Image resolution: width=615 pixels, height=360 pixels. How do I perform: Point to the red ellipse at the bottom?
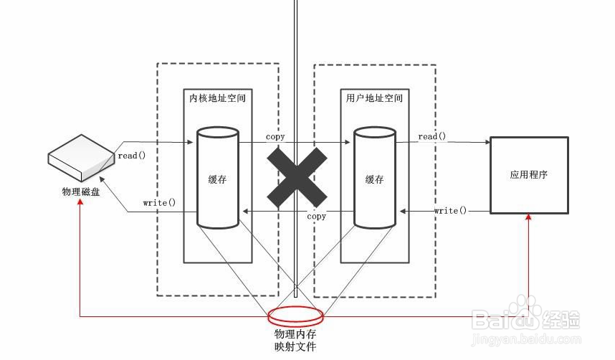(x=295, y=316)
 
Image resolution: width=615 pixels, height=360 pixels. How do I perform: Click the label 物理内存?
(x=295, y=334)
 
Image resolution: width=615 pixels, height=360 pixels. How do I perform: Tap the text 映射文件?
(x=295, y=347)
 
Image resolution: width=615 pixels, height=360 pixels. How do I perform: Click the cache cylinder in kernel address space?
(x=217, y=178)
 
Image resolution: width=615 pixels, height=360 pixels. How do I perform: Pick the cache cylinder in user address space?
(x=374, y=178)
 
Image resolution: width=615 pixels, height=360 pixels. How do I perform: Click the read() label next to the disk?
(x=132, y=155)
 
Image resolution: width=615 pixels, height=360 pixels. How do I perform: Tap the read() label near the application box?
(x=432, y=136)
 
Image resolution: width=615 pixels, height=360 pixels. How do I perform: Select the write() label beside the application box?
(x=450, y=210)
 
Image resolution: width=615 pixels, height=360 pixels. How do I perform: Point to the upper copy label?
(x=275, y=136)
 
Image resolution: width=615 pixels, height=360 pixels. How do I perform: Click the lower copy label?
(x=316, y=216)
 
